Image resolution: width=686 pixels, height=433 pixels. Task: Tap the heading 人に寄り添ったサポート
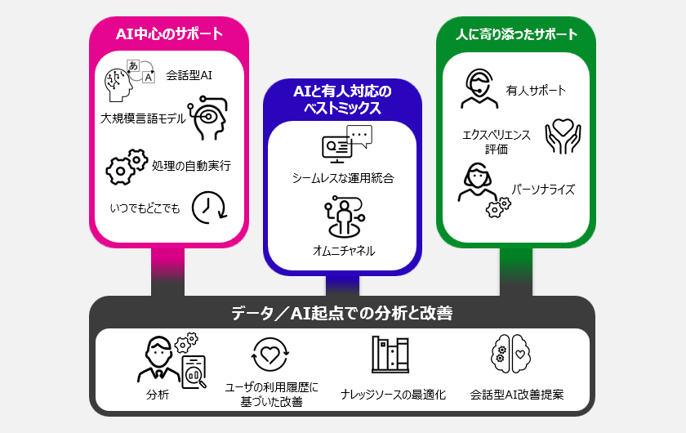(x=516, y=34)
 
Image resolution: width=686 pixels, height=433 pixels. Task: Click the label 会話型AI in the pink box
(x=189, y=77)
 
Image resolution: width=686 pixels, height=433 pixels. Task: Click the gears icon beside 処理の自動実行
(x=127, y=166)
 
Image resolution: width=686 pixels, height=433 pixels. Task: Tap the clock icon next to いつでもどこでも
(x=208, y=208)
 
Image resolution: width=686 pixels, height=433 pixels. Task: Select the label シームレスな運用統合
(x=343, y=177)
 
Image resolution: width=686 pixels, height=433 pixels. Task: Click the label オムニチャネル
(x=343, y=251)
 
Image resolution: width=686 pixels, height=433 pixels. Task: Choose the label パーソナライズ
(x=543, y=190)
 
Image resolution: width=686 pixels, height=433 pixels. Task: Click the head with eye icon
(x=207, y=119)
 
